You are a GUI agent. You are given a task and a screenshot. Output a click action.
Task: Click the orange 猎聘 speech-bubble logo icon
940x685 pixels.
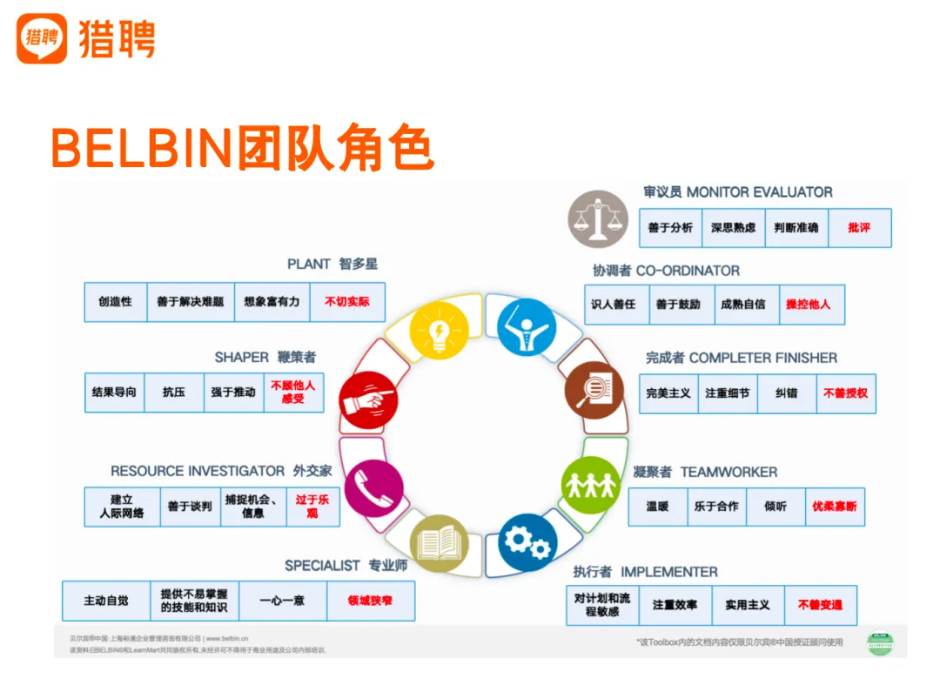click(x=41, y=38)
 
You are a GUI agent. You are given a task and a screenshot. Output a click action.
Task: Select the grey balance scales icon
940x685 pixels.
click(x=597, y=219)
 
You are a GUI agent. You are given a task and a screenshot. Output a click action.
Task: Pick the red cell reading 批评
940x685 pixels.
click(x=859, y=227)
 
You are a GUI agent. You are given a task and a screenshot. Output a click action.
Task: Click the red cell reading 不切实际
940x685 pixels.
click(x=347, y=302)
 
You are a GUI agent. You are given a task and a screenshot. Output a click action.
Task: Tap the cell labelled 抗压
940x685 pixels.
click(x=174, y=393)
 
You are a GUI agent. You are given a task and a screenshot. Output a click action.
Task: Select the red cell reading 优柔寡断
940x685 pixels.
click(x=835, y=507)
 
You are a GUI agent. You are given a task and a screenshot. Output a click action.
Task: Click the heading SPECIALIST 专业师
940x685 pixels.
click(x=346, y=566)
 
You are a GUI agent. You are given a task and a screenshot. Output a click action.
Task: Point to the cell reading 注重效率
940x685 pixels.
click(x=675, y=605)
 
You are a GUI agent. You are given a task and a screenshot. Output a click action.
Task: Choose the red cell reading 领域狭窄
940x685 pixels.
click(x=370, y=601)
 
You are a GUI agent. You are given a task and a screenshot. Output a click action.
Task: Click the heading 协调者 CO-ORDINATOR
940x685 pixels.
click(x=666, y=271)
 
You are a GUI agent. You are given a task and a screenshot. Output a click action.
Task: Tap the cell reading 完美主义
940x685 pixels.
click(x=668, y=393)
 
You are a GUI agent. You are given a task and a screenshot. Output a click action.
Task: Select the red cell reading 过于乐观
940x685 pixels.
click(x=312, y=507)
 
